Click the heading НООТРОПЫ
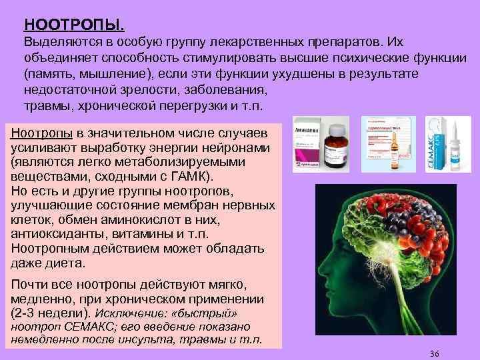tap(73, 25)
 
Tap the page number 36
tap(436, 353)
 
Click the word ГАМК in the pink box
tap(189, 176)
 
